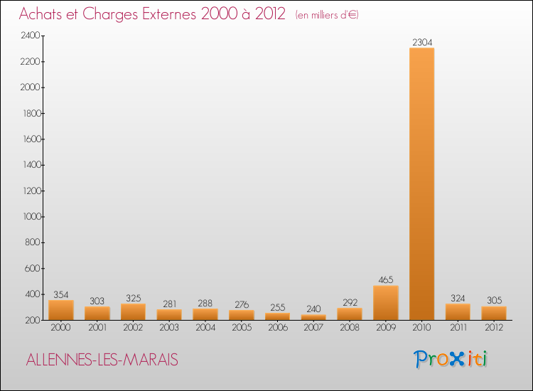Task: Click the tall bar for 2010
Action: click(421, 185)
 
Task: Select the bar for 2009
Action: click(385, 303)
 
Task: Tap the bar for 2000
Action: click(61, 310)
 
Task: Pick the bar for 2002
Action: click(133, 312)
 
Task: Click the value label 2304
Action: click(421, 42)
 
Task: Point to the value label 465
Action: click(385, 279)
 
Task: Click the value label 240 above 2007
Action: click(313, 309)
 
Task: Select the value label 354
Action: click(61, 294)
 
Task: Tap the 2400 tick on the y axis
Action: click(30, 36)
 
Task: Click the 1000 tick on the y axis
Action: click(30, 217)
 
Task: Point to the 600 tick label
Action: click(32, 268)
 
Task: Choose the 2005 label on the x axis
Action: click(241, 328)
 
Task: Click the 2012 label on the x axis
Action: click(493, 328)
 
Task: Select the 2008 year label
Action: click(349, 328)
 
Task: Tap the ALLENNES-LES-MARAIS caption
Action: click(102, 360)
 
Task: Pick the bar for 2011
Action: click(457, 312)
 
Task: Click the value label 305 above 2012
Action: click(493, 300)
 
